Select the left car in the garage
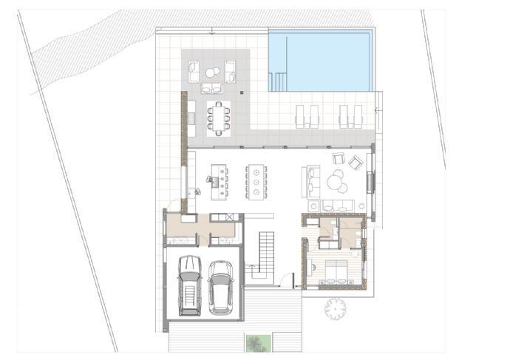[190, 285]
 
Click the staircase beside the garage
[262, 255]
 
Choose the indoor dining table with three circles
[256, 180]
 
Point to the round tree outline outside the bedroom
[336, 308]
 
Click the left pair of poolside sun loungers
[307, 115]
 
